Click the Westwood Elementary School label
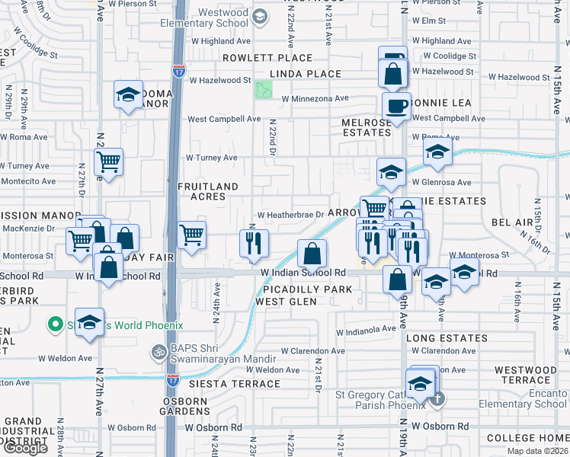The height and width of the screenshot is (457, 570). pos(204,18)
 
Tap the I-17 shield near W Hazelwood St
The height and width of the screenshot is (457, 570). pos(178,72)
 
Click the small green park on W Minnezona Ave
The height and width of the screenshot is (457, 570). pos(264,89)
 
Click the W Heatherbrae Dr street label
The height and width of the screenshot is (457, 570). pos(296,216)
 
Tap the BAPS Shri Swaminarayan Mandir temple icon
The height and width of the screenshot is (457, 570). pos(159,353)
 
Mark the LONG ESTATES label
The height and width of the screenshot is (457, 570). pos(446,338)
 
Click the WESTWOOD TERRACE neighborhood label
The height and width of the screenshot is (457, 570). pos(526,375)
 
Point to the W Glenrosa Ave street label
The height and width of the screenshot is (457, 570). pos(442,182)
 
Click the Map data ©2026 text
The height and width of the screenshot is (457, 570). pos(537,451)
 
